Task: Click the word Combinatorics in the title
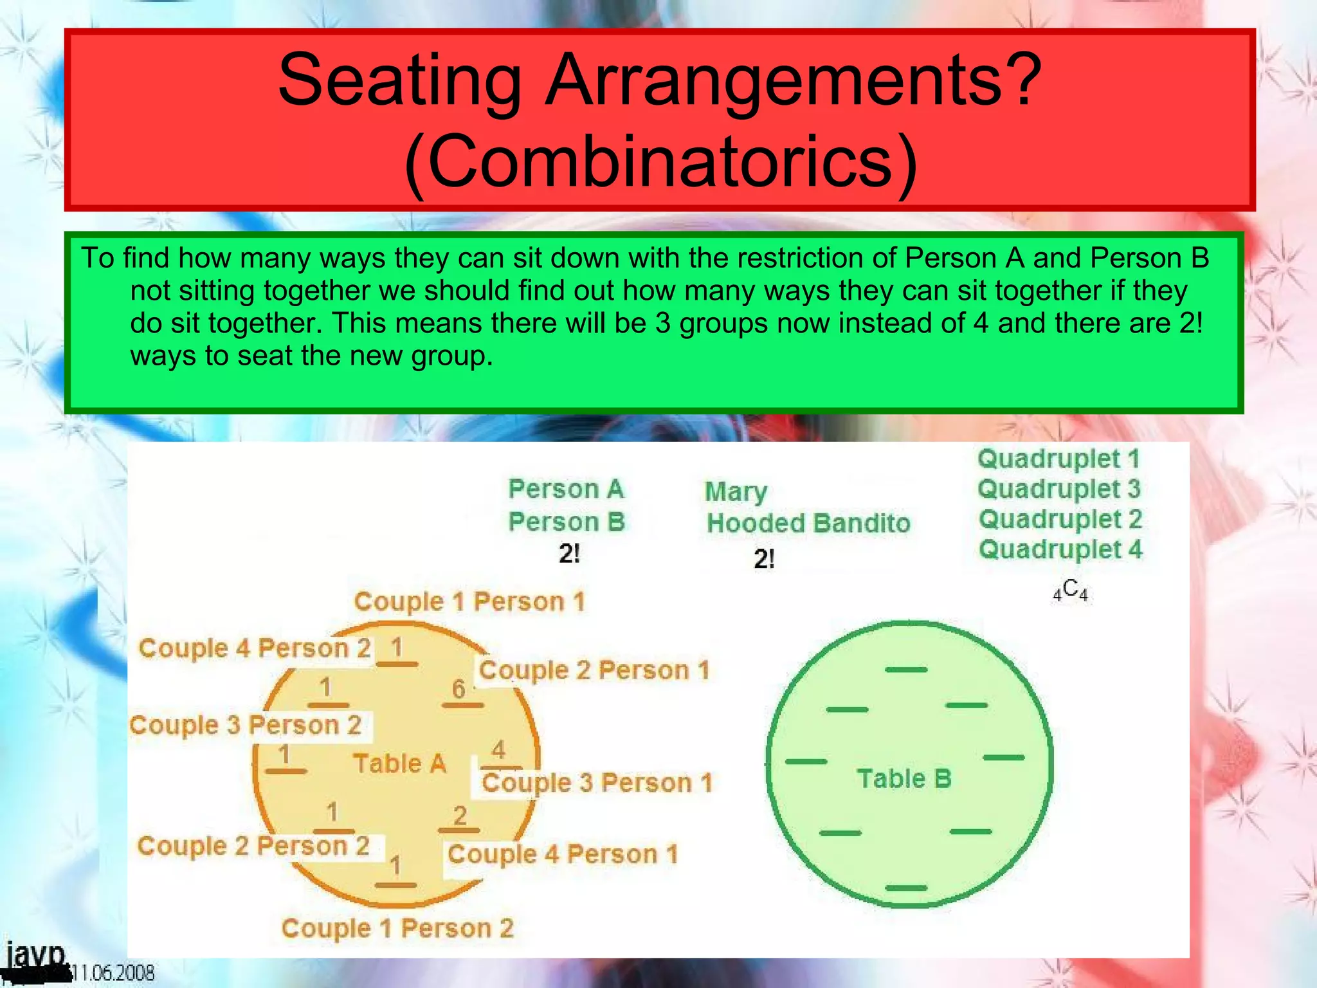660,161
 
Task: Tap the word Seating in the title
399,80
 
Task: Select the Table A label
399,764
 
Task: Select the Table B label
904,779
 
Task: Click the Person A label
566,489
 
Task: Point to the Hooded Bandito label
808,523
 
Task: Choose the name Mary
736,492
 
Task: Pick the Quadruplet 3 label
1059,489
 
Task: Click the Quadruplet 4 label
1060,550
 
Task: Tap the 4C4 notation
1070,590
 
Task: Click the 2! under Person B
569,554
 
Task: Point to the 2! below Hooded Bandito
764,559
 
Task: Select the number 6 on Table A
459,690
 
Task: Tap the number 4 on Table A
498,750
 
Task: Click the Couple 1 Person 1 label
469,602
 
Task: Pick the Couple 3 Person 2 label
245,726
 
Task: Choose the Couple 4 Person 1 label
563,855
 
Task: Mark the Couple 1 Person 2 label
397,928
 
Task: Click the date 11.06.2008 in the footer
113,973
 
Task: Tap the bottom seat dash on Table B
906,888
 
